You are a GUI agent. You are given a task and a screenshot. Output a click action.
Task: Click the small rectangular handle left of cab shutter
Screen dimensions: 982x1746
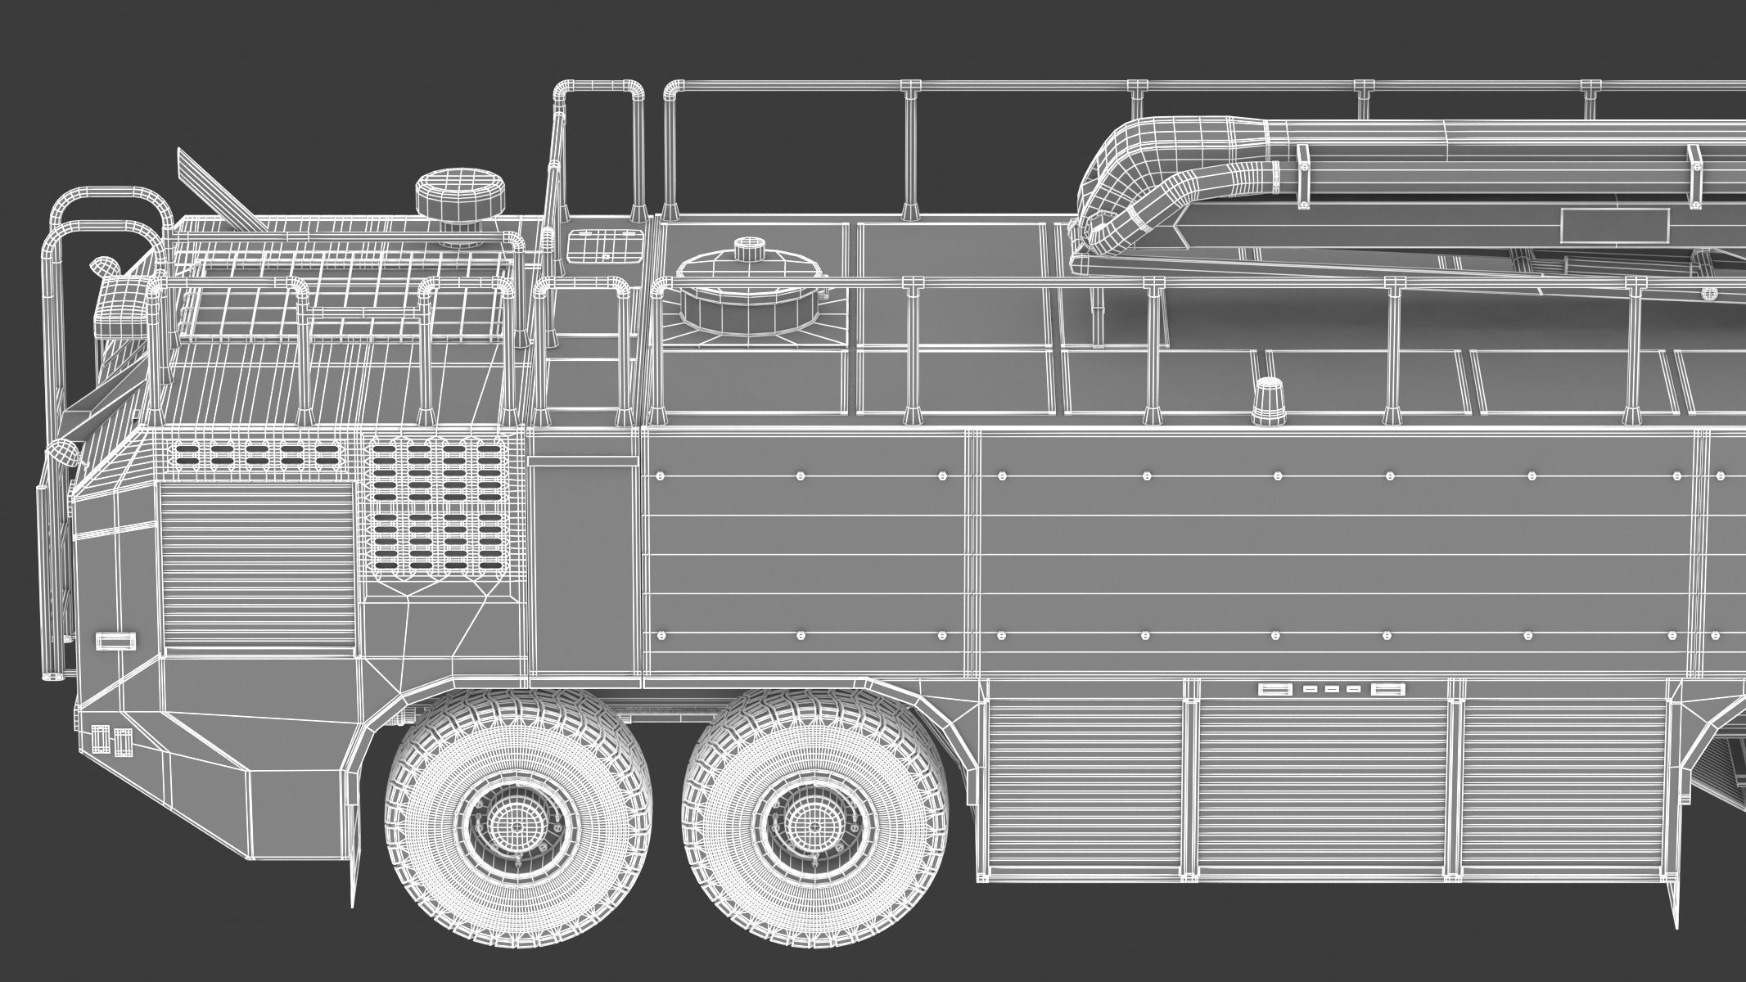coord(115,640)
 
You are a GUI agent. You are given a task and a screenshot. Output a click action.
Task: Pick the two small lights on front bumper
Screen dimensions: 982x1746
coord(111,741)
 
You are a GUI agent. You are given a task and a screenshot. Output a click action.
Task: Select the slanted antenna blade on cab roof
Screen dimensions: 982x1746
coord(214,189)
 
